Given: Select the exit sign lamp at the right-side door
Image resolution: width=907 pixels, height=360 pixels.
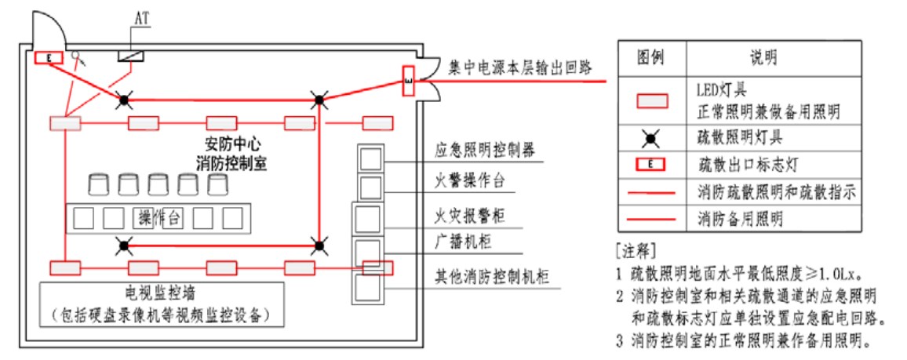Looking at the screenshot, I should click(407, 80).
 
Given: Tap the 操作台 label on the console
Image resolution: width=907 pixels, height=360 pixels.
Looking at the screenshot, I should click(160, 218).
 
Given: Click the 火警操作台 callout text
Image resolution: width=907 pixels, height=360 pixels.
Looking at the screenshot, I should click(469, 183).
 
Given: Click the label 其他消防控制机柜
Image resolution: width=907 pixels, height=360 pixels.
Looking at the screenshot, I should click(491, 276).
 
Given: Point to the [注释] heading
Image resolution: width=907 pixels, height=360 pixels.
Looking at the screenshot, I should click(636, 253).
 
